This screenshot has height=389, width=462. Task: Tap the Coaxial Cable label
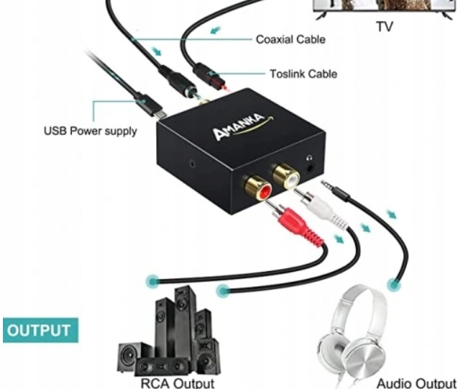pyautogui.click(x=291, y=39)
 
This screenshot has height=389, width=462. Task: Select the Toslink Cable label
pyautogui.click(x=304, y=73)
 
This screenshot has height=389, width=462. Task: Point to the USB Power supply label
pyautogui.click(x=90, y=132)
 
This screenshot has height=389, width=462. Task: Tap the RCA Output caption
pyautogui.click(x=179, y=382)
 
